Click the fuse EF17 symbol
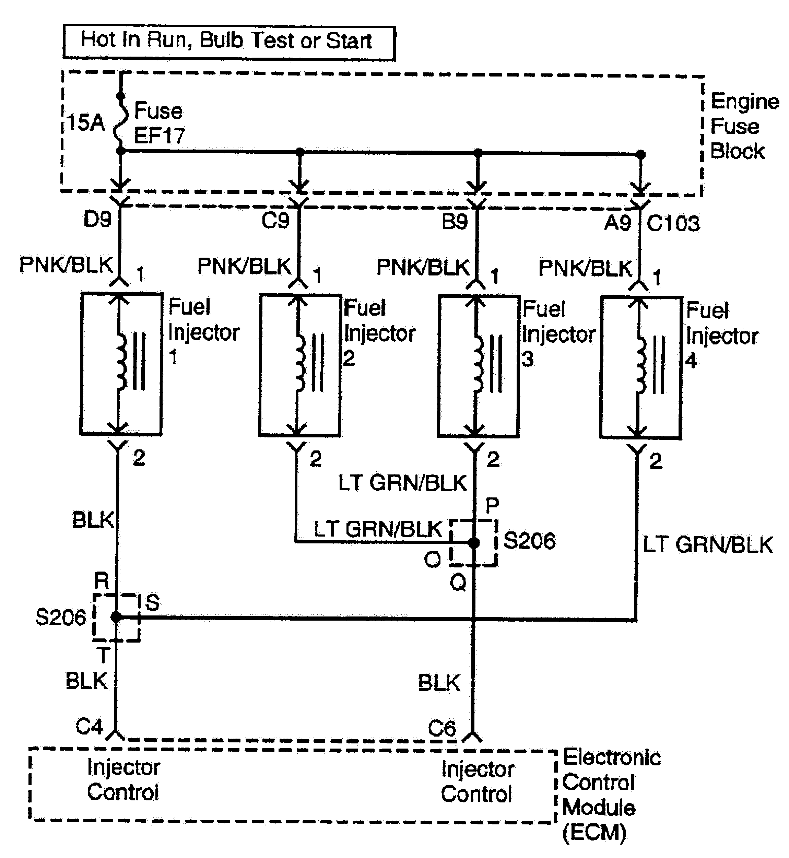point(121,123)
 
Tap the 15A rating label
point(86,122)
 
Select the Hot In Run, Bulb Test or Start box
point(229,42)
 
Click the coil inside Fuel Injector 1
point(122,362)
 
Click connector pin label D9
point(97,220)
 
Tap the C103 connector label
point(673,223)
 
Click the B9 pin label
point(454,222)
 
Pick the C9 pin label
point(275,221)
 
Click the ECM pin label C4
point(89,726)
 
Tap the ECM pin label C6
point(442,728)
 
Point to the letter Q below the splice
point(458,582)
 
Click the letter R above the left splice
point(102,581)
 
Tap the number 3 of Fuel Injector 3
point(528,359)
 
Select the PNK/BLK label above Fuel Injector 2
point(244,266)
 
